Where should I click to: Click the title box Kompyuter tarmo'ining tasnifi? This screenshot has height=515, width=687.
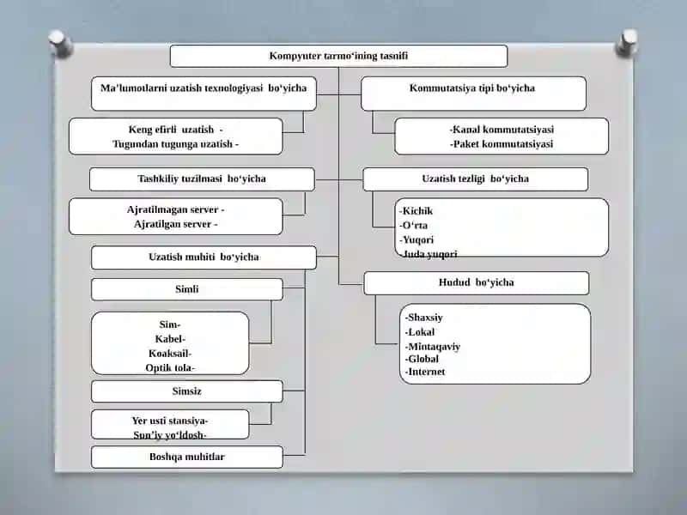coord(338,56)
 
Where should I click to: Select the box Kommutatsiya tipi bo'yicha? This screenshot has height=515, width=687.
coord(474,94)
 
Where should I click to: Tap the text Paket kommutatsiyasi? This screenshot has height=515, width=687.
coord(503,143)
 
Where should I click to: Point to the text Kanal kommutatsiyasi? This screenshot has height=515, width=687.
coord(503,130)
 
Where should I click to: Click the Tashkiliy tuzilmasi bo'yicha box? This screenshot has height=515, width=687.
coord(202,179)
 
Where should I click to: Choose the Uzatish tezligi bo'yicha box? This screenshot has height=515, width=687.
coord(476,179)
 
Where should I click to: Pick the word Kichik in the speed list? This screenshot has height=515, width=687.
coord(417,210)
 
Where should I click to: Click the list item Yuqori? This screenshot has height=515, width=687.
coord(418,239)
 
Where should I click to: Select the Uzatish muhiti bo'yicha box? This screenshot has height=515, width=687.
coord(204,257)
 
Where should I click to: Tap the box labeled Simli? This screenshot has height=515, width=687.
coord(187,289)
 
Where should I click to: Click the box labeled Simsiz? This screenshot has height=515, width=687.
coord(187,391)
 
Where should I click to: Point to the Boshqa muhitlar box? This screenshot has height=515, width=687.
coord(187,457)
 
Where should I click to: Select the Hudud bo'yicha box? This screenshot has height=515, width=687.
coord(477,283)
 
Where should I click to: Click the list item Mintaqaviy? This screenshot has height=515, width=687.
coord(435,347)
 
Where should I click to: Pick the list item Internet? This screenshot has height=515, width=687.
coord(426,372)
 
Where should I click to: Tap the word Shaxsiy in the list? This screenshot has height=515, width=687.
coord(425,317)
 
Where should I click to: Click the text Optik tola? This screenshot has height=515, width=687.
coord(168,367)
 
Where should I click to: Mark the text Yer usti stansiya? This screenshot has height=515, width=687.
coord(168,421)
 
